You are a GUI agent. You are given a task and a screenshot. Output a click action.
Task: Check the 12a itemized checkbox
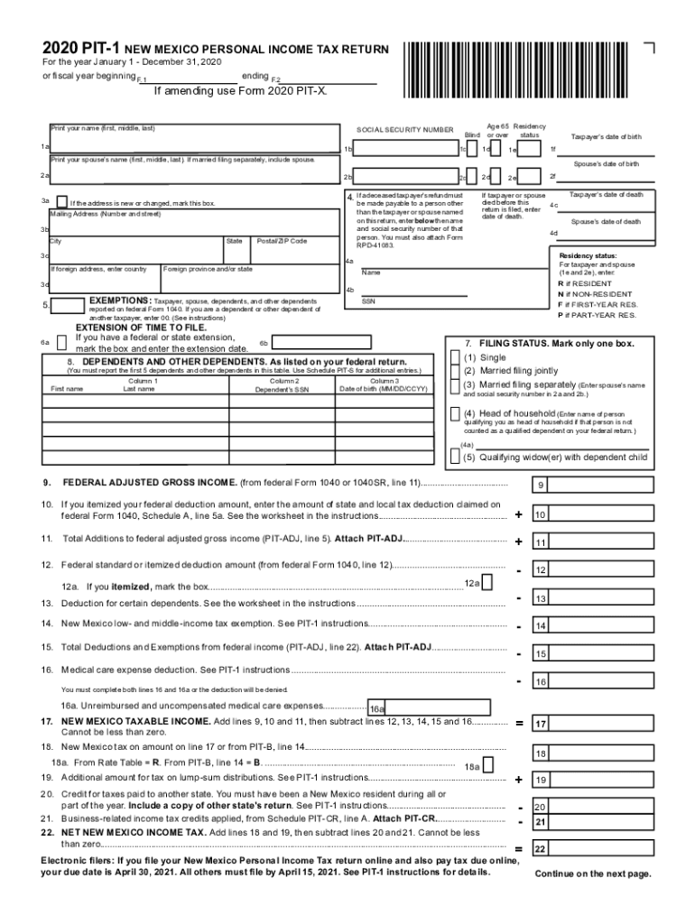pos(488,584)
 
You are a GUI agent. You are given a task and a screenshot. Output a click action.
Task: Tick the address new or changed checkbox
pos(61,202)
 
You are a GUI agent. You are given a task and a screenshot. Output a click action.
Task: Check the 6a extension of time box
pos(61,342)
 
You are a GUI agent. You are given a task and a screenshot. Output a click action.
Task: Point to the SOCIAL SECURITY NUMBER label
pos(405,130)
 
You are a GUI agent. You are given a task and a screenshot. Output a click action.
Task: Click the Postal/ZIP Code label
pos(282,241)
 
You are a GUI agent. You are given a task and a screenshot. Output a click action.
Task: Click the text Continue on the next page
pos(592,873)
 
